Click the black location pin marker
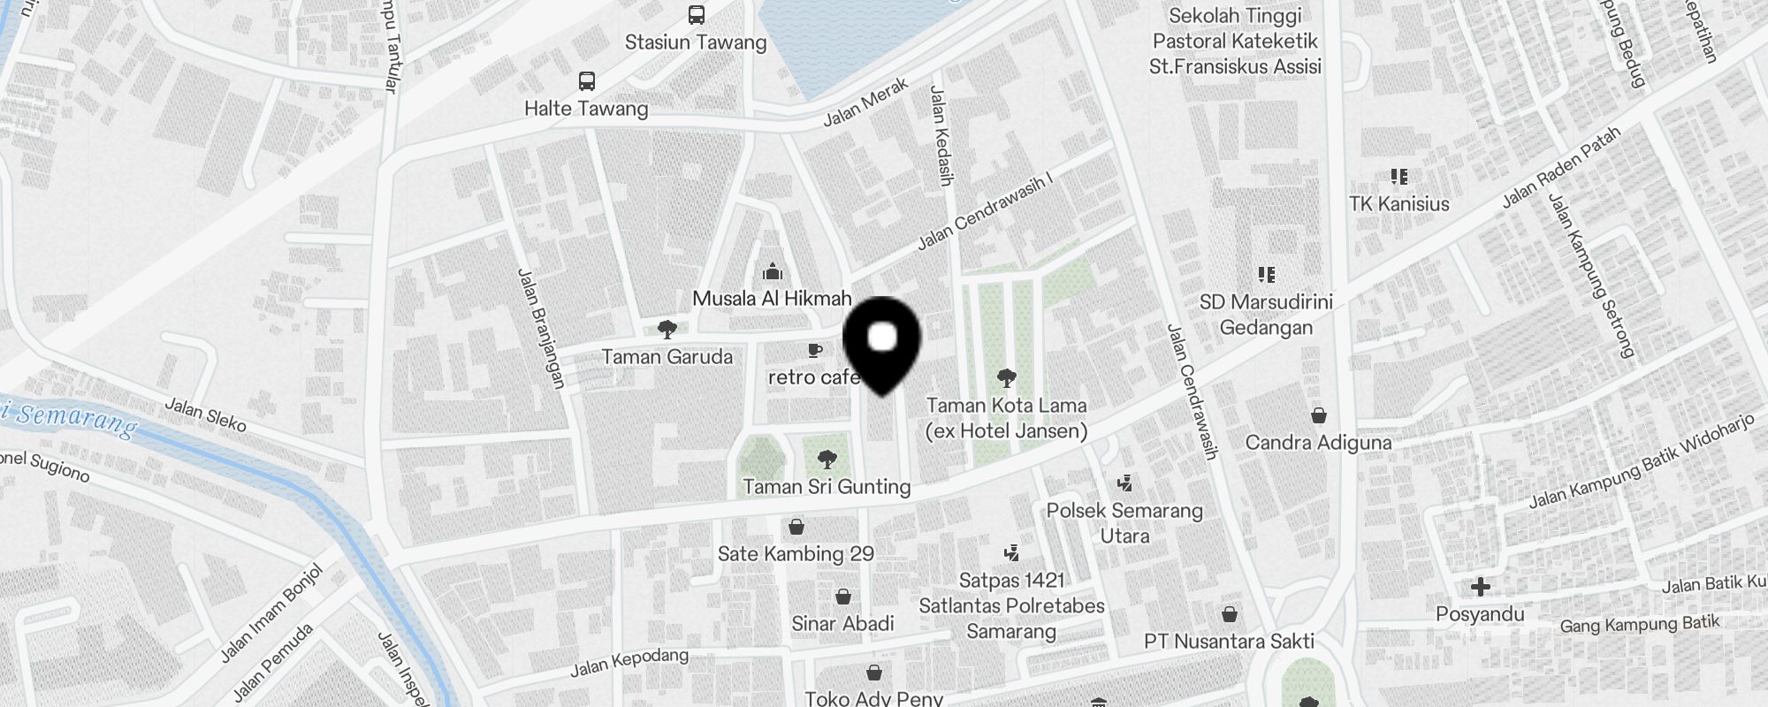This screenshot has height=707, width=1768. click(882, 344)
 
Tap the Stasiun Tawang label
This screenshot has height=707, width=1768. click(696, 42)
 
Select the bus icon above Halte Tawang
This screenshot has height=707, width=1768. click(586, 81)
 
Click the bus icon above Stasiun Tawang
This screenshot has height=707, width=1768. click(696, 15)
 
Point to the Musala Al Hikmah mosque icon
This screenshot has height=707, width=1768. click(773, 271)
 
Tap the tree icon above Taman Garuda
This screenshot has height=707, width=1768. click(667, 330)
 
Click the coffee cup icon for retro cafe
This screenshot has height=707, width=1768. click(815, 350)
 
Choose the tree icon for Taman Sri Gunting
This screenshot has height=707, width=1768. click(827, 460)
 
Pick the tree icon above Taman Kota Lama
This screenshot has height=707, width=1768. click(1006, 379)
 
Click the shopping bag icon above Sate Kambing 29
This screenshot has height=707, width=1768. click(796, 528)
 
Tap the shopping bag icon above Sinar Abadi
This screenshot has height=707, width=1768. click(843, 597)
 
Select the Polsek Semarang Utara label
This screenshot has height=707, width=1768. click(1124, 522)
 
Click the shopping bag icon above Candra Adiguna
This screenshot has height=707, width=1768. click(1319, 415)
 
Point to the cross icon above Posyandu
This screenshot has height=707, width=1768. click(1481, 587)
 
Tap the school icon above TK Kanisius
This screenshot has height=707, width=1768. click(1398, 177)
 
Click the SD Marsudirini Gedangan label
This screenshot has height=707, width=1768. click(1266, 315)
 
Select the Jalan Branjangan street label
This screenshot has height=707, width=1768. click(541, 328)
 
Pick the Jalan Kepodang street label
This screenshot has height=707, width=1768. click(629, 662)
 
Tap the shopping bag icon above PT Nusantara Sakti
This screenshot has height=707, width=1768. click(1230, 614)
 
